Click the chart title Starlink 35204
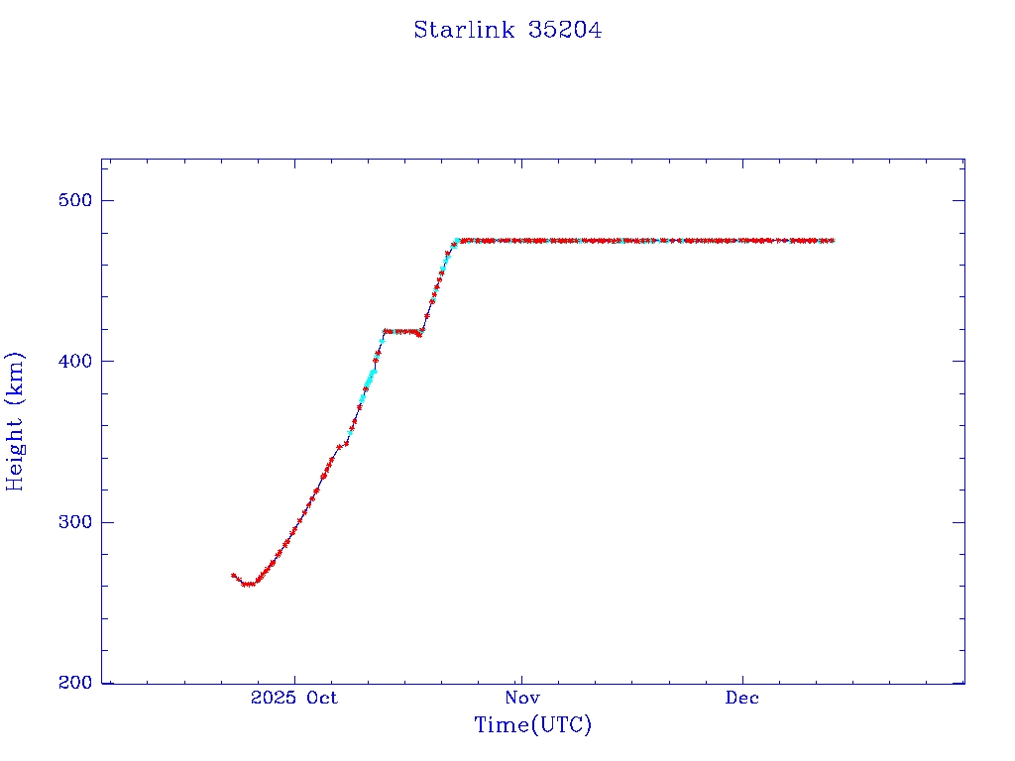[507, 30]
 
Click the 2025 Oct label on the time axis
[294, 698]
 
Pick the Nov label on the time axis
[520, 698]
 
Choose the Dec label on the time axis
[741, 698]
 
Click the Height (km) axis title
[16, 421]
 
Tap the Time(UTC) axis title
[533, 725]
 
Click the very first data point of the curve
[234, 575]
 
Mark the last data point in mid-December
[832, 240]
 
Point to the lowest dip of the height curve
[248, 584]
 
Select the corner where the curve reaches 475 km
[458, 240]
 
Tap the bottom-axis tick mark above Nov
[520, 679]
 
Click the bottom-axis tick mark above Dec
[742, 679]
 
